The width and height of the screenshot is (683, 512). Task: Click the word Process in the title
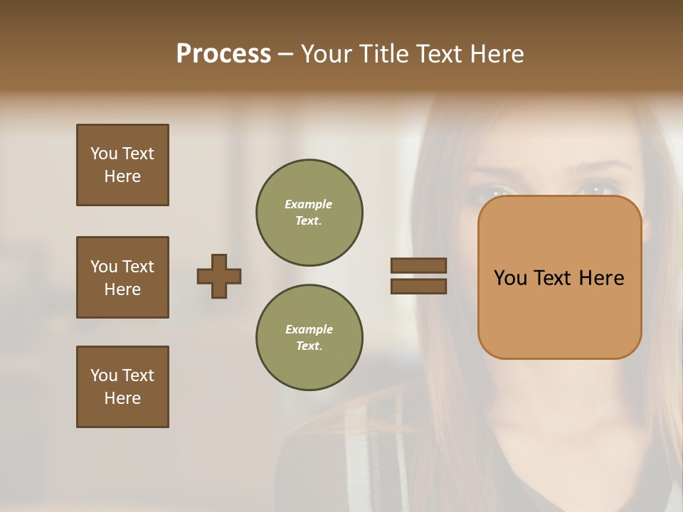223,54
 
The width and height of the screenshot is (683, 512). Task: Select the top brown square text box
122,165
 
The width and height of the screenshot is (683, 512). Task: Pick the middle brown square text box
122,277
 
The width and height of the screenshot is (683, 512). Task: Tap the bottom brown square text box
122,387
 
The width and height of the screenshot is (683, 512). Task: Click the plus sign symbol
219,276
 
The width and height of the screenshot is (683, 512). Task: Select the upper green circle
309,212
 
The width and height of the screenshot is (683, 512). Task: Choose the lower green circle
309,337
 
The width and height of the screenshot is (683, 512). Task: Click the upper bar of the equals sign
418,265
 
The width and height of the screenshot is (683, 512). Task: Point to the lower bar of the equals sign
418,286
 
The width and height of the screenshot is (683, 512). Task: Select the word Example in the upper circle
308,204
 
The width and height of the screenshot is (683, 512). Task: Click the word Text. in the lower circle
308,346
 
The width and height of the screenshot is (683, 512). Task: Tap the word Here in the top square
122,176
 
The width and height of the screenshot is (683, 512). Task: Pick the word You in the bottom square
104,375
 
